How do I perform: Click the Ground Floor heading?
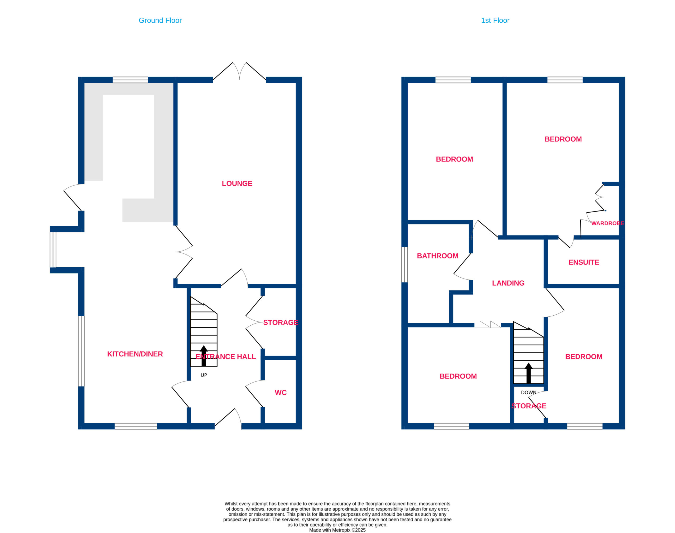pos(160,21)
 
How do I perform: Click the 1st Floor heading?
pos(495,21)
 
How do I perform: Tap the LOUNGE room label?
pos(237,183)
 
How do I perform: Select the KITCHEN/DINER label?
pos(135,354)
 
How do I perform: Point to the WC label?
pos(280,393)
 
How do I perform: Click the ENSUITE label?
pos(584,262)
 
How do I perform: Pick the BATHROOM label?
pos(437,256)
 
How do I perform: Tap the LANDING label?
pos(508,283)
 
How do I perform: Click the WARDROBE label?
pos(607,223)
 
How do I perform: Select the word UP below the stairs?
pos(204,375)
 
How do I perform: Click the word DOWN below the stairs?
pos(529,393)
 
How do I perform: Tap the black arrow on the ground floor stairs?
pos(204,356)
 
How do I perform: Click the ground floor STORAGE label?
pos(280,322)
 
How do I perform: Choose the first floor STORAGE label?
pos(529,406)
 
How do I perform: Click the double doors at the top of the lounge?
pos(239,72)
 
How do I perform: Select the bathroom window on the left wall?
pos(404,265)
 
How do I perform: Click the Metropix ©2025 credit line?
pos(337,530)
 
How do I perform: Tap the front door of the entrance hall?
pos(228,419)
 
